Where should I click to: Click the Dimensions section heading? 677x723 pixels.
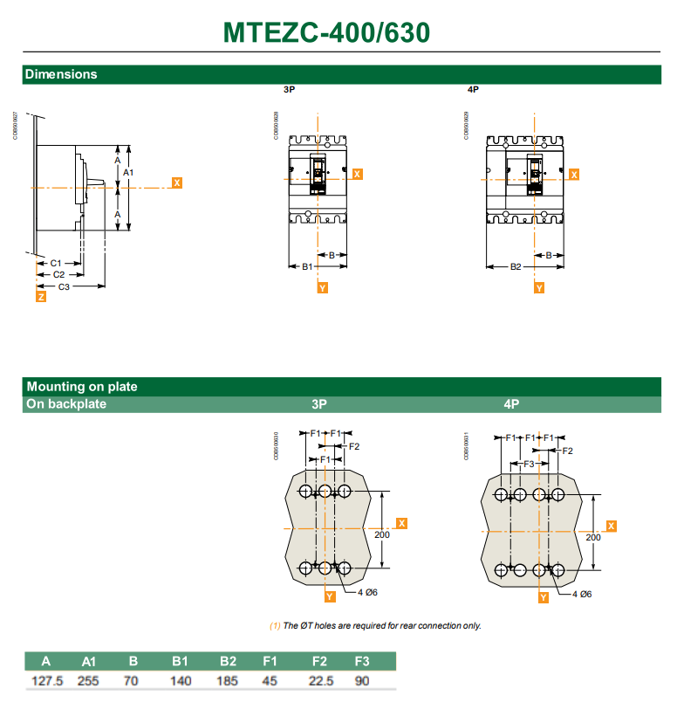[x=61, y=74]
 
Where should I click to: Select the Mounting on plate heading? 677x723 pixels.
[x=82, y=386]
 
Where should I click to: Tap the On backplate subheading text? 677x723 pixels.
[x=66, y=404]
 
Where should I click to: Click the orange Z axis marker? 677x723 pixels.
[x=41, y=298]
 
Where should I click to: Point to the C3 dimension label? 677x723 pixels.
[x=65, y=286]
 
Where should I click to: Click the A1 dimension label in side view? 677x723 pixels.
[x=128, y=173]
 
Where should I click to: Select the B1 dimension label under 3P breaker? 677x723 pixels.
[x=307, y=266]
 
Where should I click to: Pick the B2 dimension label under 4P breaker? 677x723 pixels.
[x=516, y=266]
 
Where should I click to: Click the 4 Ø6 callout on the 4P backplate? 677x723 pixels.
[x=582, y=594]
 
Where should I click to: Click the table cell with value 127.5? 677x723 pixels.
[x=48, y=680]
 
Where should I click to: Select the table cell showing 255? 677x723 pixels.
[x=88, y=680]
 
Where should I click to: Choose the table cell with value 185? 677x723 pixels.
[x=228, y=680]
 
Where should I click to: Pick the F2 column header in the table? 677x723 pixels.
[x=319, y=661]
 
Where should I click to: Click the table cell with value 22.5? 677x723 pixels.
[x=319, y=680]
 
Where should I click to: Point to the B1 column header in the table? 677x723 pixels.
[x=181, y=661]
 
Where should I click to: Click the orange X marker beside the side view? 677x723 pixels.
[x=177, y=183]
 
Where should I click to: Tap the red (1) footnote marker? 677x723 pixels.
[x=274, y=625]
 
